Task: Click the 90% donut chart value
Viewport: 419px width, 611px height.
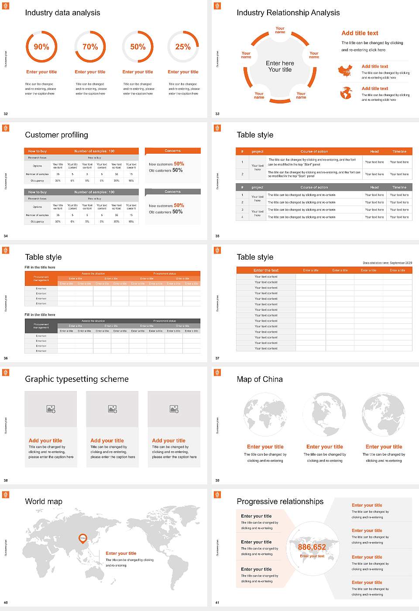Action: point(41,47)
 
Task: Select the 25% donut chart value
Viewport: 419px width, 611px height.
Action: point(183,47)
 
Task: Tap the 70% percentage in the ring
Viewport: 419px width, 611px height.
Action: point(90,47)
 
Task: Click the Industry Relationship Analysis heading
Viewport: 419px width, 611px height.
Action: point(288,13)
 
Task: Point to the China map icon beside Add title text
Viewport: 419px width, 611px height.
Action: point(345,70)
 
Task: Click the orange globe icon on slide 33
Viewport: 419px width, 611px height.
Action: point(346,93)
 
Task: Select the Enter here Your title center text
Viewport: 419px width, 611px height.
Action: point(280,66)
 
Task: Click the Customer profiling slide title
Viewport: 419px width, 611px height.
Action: point(56,135)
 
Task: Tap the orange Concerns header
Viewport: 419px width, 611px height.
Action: point(172,151)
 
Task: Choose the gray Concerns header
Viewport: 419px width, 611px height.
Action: point(172,192)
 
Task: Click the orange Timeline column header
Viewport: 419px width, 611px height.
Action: point(399,151)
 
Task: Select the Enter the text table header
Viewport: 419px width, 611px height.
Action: point(266,270)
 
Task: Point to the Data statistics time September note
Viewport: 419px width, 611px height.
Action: point(387,263)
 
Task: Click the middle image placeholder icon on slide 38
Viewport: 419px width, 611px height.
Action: point(113,409)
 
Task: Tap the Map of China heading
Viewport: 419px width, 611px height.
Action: point(260,379)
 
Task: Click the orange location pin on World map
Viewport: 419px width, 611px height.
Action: point(82,539)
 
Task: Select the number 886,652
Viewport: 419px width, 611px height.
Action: point(312,547)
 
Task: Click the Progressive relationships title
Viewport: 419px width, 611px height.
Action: point(280,501)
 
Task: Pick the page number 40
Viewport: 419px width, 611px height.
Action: point(6,603)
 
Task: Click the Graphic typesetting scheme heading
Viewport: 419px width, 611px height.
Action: point(77,379)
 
